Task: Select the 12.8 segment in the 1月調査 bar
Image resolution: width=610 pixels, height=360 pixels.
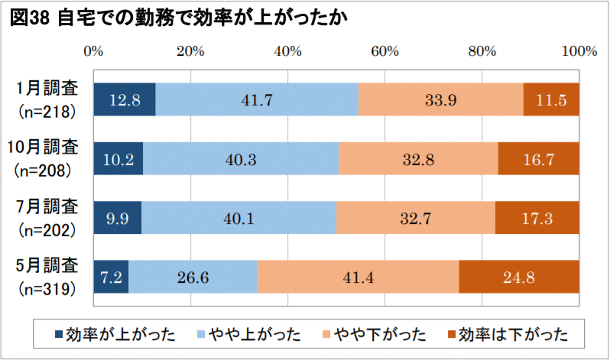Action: (124, 99)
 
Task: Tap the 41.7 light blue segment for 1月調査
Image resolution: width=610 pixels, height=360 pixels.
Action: (257, 99)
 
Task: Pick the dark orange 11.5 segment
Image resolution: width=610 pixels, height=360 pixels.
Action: (551, 99)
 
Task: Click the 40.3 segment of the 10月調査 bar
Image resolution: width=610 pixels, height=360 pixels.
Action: (241, 159)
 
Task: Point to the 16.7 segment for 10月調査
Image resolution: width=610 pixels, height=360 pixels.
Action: (539, 159)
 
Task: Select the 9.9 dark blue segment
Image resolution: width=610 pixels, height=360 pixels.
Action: (117, 219)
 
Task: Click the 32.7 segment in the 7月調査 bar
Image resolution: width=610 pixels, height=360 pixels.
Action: (415, 219)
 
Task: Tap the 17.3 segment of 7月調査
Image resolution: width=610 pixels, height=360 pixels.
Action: (537, 219)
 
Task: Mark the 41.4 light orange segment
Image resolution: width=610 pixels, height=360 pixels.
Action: (358, 277)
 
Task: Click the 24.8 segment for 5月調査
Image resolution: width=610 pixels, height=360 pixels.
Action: (519, 277)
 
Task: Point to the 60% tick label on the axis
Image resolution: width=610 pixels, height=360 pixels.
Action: (384, 51)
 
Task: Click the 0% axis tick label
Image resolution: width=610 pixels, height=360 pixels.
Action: (93, 51)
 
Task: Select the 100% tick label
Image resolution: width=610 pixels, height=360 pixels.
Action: (579, 51)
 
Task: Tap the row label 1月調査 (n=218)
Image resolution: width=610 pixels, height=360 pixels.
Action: (47, 99)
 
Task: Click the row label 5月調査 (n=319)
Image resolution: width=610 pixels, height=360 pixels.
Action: (47, 277)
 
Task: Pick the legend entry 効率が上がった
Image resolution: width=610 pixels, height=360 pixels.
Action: (115, 334)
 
